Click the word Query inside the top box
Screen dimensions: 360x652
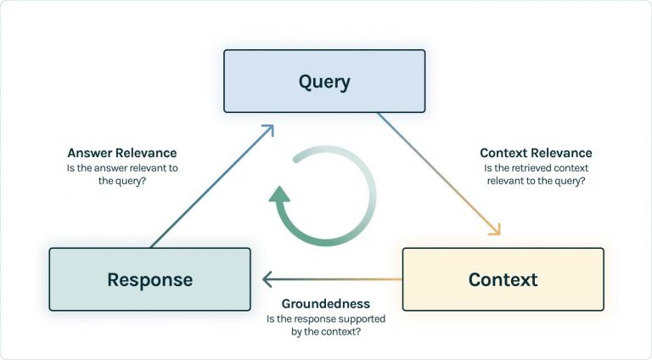click(324, 82)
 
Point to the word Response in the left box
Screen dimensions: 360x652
click(149, 279)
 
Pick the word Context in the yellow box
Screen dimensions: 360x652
click(503, 279)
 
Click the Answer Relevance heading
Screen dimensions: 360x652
click(122, 153)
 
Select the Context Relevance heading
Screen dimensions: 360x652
click(536, 153)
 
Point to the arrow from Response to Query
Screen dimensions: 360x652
click(212, 186)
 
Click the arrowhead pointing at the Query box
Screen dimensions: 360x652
click(268, 130)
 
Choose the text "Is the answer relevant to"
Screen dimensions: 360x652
click(122, 168)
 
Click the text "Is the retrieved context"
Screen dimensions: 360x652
click(536, 168)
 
